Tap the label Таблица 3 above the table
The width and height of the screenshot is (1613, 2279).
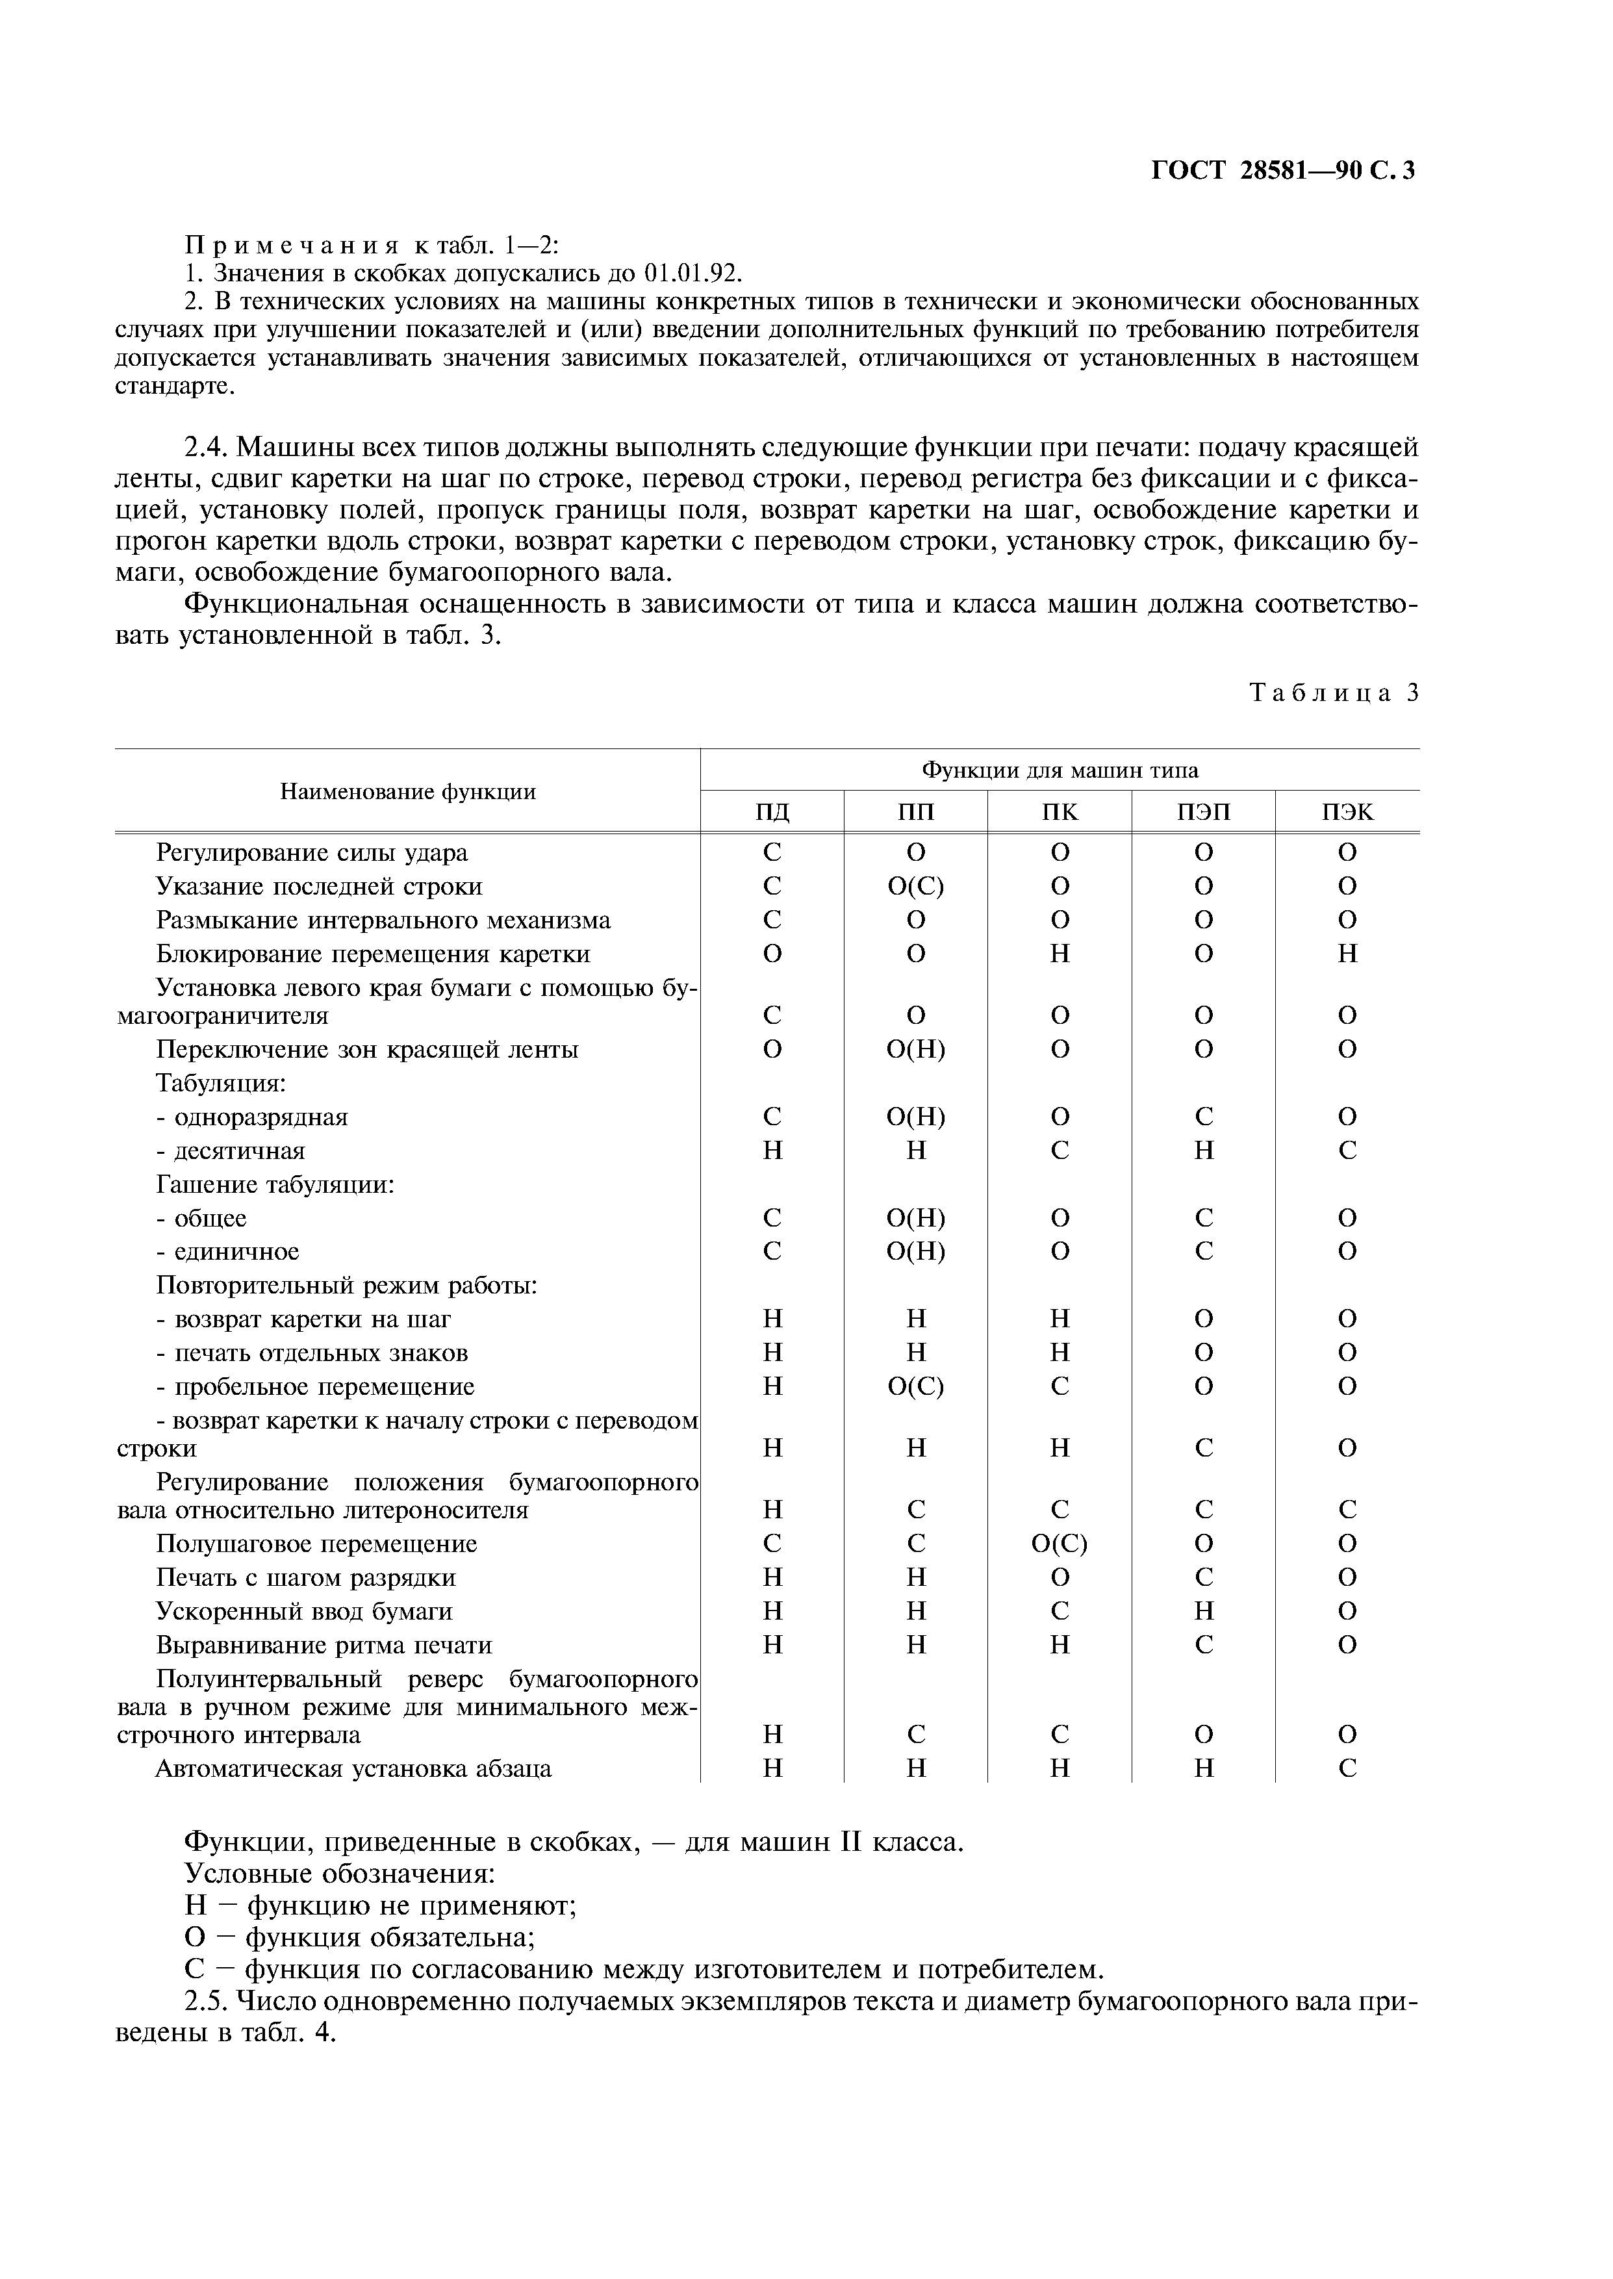click(x=1333, y=693)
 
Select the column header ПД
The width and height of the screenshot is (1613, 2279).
click(x=773, y=812)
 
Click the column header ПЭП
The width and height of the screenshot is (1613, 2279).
click(x=1203, y=812)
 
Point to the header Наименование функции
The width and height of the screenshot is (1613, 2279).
click(x=407, y=791)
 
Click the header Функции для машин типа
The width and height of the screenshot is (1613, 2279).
click(x=1060, y=770)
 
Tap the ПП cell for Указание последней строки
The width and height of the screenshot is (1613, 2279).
click(x=916, y=885)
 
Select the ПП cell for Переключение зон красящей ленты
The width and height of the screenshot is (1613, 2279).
click(x=916, y=1050)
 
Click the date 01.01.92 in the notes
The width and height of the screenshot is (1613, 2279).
click(x=692, y=272)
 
